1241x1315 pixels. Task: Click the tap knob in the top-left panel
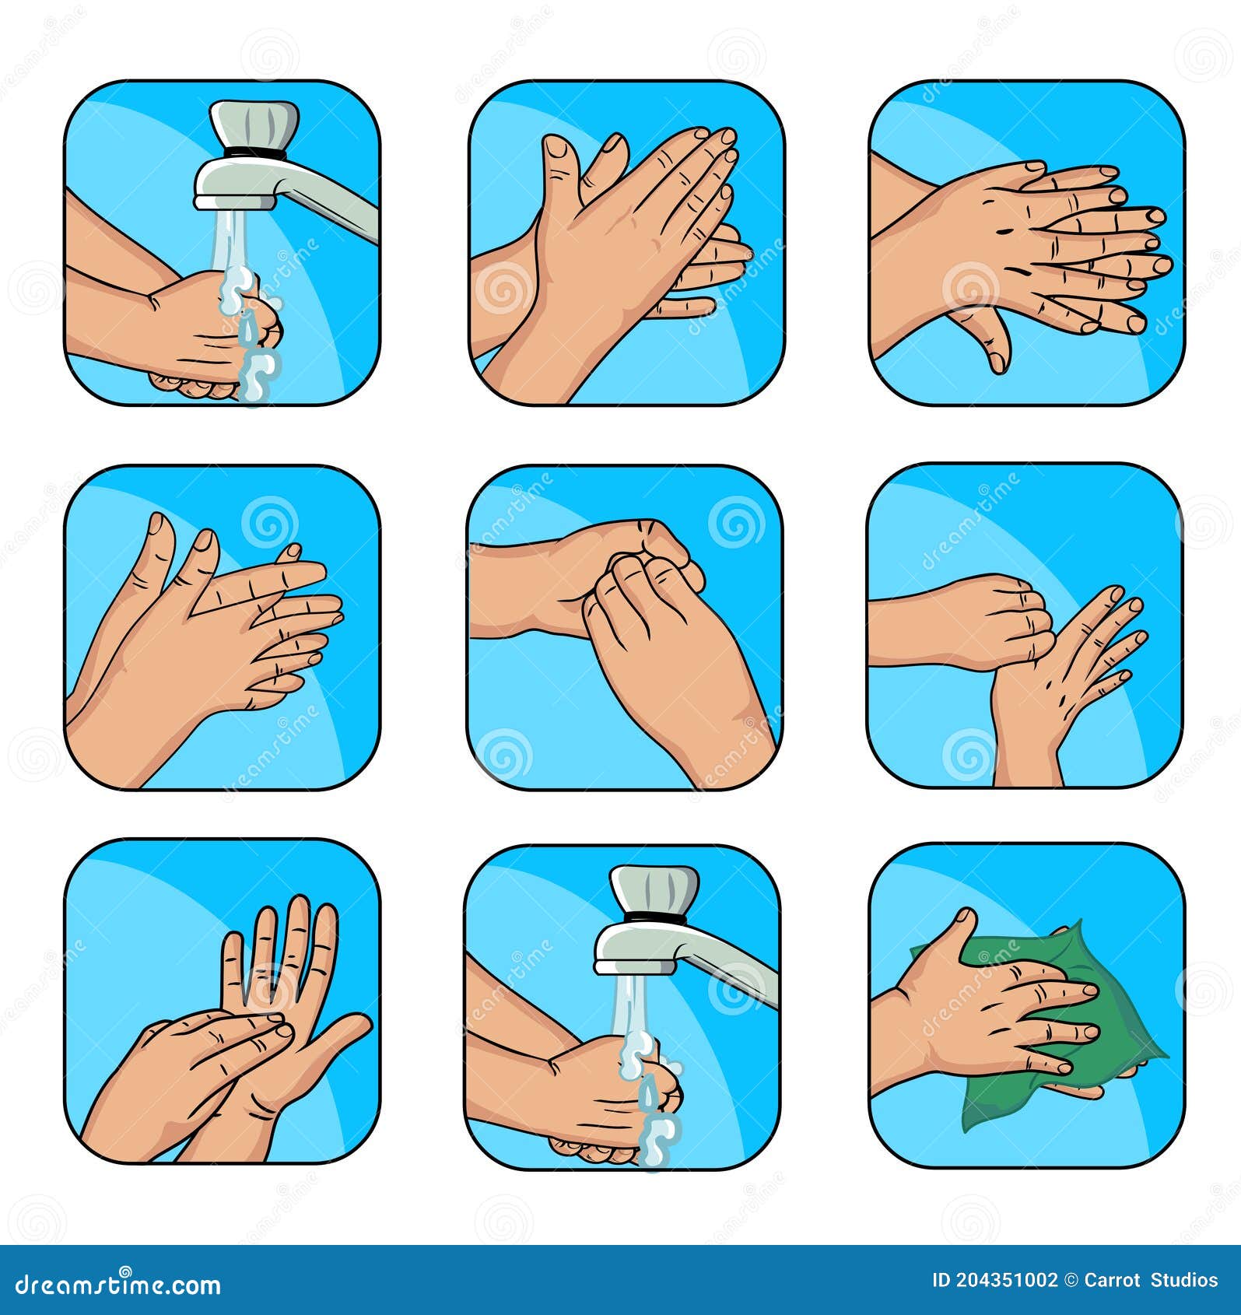click(254, 124)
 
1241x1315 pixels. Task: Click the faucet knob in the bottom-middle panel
click(654, 890)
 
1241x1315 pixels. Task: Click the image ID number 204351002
click(1004, 1281)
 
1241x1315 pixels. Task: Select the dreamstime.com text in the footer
click(118, 1284)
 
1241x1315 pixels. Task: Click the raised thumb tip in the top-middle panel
click(556, 143)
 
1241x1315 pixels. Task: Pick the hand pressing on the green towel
click(1004, 1012)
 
